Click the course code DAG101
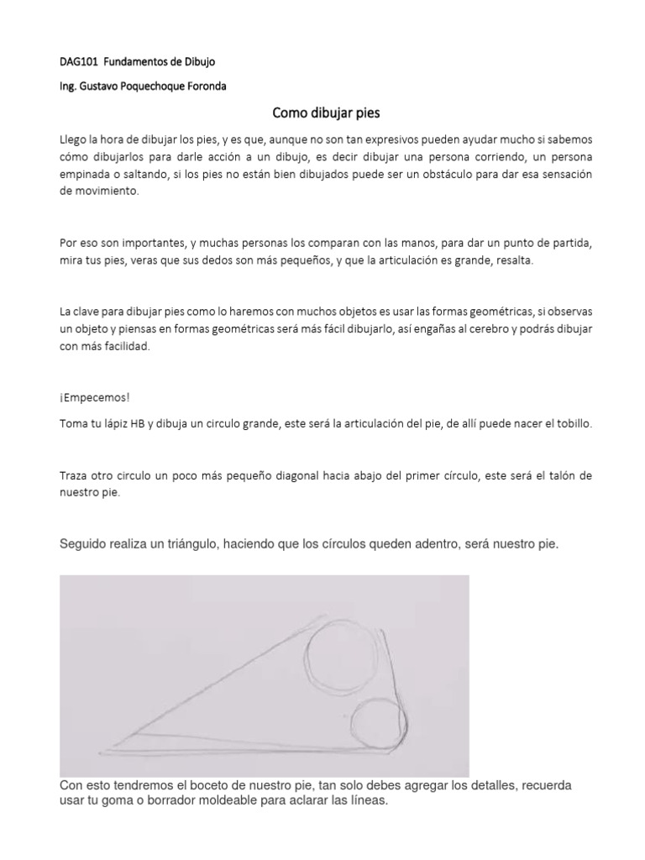[x=79, y=61]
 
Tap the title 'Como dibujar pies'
[x=322, y=112]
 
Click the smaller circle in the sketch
[x=378, y=723]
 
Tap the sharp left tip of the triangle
[x=102, y=750]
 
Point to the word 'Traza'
[x=74, y=475]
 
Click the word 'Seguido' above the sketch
[x=84, y=544]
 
